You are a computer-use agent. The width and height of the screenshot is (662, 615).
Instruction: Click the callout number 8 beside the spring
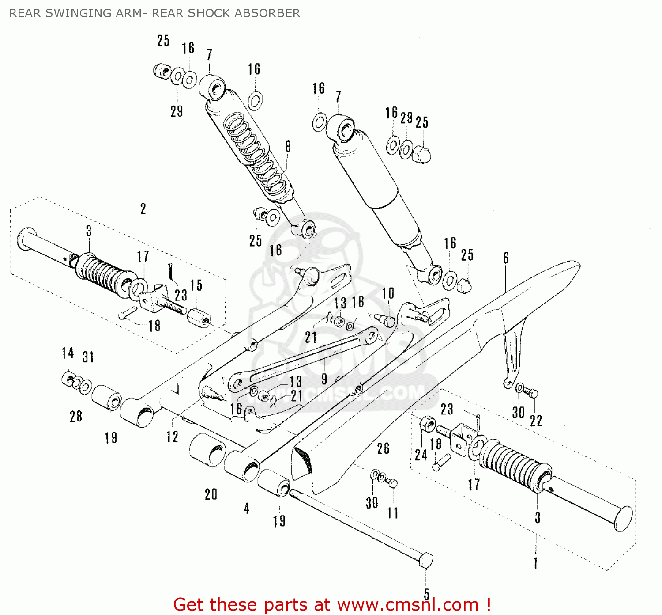288,147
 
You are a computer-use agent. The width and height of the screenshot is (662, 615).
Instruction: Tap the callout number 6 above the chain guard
506,258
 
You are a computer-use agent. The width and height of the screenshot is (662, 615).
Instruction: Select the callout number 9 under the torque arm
324,379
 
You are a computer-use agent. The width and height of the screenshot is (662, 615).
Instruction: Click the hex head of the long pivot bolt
426,560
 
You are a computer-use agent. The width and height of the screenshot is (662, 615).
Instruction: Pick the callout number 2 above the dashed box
143,209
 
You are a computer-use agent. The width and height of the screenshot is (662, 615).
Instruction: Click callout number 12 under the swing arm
172,437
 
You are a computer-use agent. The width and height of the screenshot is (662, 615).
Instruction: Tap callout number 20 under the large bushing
211,494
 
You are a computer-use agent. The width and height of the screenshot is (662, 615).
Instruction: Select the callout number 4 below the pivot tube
246,509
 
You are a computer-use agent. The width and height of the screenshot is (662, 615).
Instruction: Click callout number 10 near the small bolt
388,293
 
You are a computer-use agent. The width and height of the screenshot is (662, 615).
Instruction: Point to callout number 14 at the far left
68,353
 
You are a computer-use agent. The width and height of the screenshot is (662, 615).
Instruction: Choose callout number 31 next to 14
88,357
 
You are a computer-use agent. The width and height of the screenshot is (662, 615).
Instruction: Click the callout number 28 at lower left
76,416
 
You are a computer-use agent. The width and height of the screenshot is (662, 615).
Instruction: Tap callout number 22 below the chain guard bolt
536,421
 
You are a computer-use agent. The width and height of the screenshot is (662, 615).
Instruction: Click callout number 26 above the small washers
383,449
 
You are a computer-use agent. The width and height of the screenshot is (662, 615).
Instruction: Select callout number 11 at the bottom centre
393,513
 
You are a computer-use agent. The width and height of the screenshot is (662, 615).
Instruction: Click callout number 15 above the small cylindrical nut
196,285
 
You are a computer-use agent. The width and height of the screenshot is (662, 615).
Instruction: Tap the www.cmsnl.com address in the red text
408,604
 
